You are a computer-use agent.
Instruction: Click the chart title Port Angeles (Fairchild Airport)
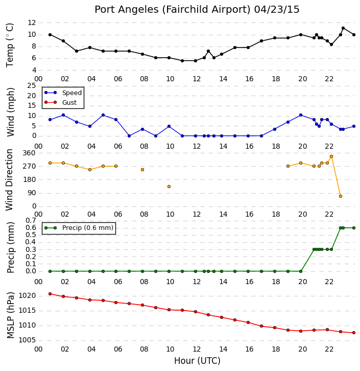point(172,10)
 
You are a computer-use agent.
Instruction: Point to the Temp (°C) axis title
point(10,45)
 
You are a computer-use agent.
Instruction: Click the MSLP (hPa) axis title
point(10,315)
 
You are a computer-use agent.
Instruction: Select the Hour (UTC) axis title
point(197,361)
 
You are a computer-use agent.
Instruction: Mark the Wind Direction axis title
point(10,179)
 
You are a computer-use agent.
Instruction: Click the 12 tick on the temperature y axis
point(32,22)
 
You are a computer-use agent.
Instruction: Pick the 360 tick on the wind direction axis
point(29,153)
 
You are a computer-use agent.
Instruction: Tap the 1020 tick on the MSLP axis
point(27,296)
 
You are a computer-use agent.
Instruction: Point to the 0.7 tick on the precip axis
point(31,221)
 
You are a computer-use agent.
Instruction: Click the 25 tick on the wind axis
point(32,86)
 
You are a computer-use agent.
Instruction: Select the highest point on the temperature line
point(343,28)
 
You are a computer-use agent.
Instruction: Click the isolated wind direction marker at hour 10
point(169,187)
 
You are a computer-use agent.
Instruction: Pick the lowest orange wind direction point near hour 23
point(341,196)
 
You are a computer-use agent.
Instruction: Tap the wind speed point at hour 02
point(63,115)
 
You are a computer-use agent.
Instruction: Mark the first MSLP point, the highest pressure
point(50,294)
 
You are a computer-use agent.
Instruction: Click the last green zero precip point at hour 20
point(301,271)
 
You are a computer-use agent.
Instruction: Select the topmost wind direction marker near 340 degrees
point(331,156)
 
